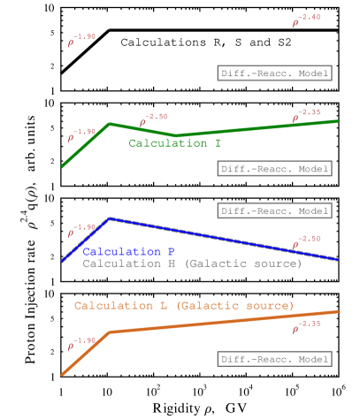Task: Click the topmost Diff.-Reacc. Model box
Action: (x=274, y=73)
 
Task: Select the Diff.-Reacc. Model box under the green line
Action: (x=274, y=168)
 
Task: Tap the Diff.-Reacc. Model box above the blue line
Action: (x=274, y=211)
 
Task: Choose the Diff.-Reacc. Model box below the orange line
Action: (x=274, y=359)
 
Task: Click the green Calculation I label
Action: (x=174, y=143)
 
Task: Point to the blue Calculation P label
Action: (x=128, y=252)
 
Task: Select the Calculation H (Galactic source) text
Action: (x=192, y=263)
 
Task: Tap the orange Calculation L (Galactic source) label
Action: (x=184, y=306)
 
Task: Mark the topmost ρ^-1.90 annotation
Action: (x=81, y=40)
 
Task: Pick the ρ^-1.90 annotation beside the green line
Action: (x=81, y=134)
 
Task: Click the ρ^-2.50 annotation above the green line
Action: (x=153, y=119)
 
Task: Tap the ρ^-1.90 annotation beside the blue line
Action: (x=81, y=230)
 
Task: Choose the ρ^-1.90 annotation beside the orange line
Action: (x=81, y=343)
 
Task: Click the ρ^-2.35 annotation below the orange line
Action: (x=306, y=326)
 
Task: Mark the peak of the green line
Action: (x=109, y=124)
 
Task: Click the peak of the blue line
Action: (x=109, y=218)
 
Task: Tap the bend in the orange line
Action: (x=110, y=332)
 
